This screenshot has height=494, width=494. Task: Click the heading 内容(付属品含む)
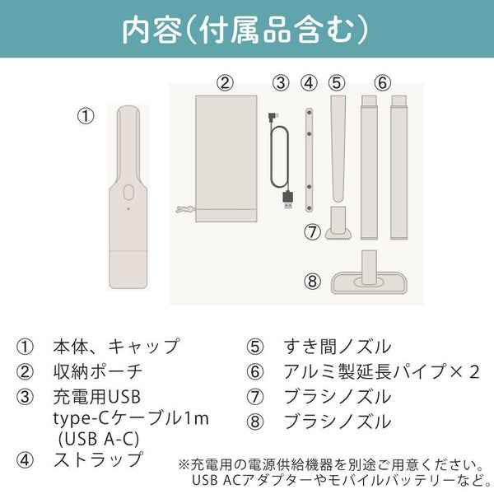click(x=245, y=30)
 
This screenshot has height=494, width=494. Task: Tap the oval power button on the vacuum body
click(x=128, y=193)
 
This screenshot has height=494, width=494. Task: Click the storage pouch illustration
click(x=226, y=158)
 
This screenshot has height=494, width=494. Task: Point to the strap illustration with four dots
click(x=309, y=160)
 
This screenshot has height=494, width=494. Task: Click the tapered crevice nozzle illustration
click(x=338, y=149)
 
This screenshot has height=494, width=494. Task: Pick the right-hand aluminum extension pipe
click(x=398, y=167)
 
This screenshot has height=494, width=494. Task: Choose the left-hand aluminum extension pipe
click(x=369, y=167)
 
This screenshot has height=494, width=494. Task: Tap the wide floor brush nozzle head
click(x=369, y=283)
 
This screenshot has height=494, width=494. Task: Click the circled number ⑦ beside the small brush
click(x=312, y=232)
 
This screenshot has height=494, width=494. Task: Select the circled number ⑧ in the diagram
click(x=312, y=281)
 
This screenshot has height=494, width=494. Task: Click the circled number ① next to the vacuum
click(x=86, y=116)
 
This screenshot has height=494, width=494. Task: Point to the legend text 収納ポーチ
click(x=98, y=372)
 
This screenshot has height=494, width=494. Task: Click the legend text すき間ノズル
click(x=338, y=347)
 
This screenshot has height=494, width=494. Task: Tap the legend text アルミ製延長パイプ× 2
click(x=381, y=372)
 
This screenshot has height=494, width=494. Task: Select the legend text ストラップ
click(x=98, y=459)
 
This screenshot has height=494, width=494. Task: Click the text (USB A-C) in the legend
click(x=99, y=439)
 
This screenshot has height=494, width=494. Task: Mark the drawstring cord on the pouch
click(x=186, y=209)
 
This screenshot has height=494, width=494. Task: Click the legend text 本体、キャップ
click(x=116, y=347)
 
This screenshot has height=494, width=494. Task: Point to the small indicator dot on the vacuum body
click(x=128, y=209)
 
